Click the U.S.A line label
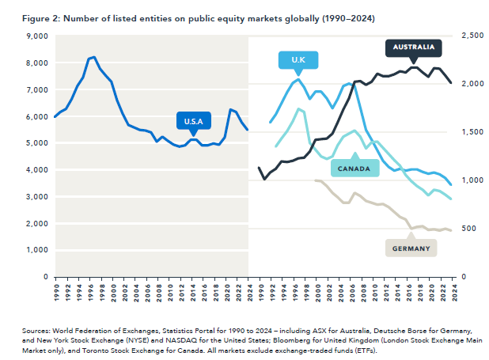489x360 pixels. point(194,121)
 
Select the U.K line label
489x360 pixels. point(298,61)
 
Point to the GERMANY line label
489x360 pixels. point(411,248)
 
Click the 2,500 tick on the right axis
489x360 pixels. point(472,36)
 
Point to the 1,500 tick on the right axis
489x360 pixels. point(472,132)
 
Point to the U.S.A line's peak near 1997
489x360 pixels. point(94,57)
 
